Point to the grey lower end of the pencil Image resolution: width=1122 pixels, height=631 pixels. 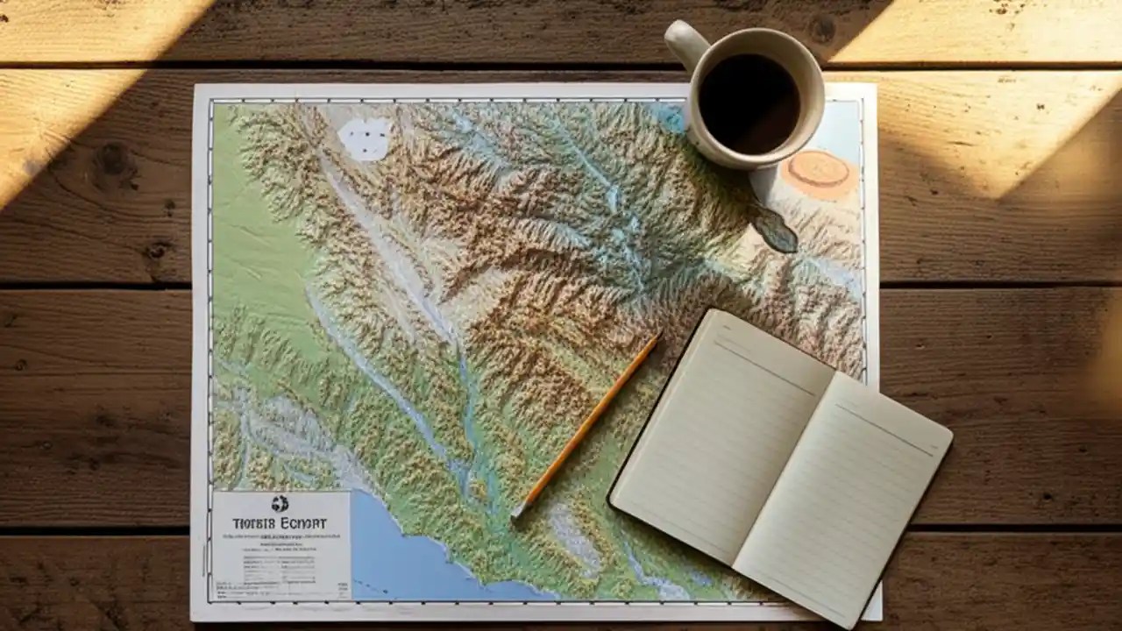click(x=517, y=513)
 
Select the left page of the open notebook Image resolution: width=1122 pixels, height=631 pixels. click(x=719, y=434)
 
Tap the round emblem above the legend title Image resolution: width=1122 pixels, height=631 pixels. click(x=280, y=504)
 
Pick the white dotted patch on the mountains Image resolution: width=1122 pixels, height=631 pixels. click(x=366, y=138)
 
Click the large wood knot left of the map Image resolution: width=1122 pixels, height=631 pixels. click(x=112, y=164)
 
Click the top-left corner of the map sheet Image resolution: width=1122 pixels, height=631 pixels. click(x=195, y=86)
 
